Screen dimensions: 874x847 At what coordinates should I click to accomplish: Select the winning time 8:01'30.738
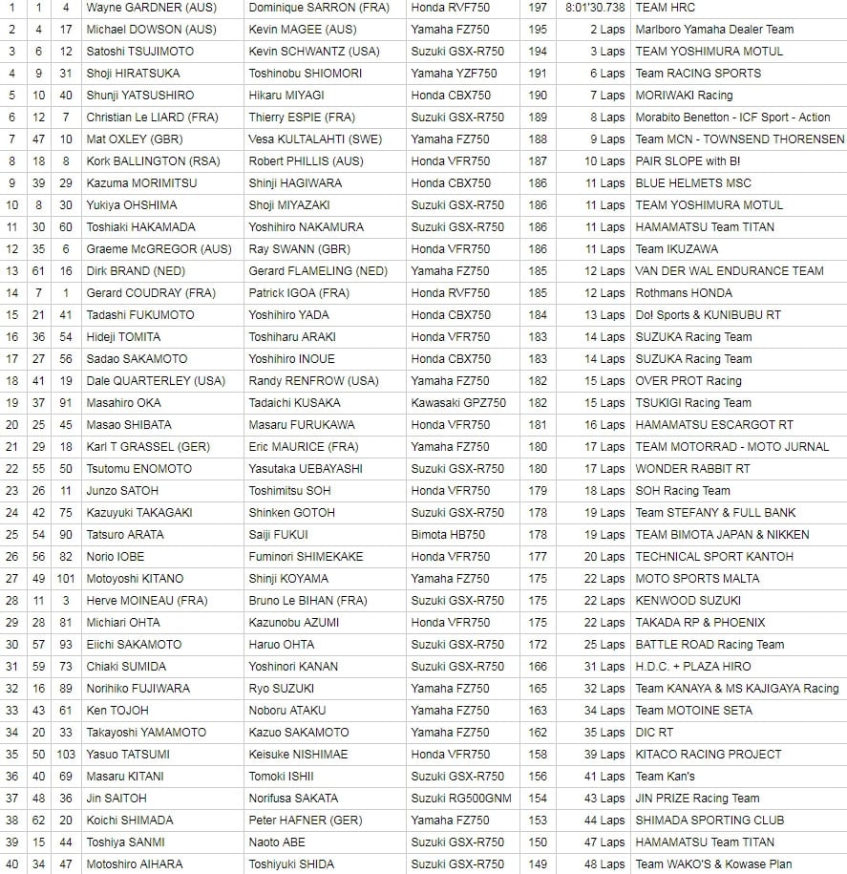click(x=595, y=8)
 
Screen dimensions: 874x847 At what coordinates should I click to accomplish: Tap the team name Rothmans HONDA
click(x=684, y=293)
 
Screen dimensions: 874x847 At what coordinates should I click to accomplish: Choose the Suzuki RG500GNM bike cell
click(x=461, y=799)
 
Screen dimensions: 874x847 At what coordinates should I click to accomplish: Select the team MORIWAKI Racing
click(x=684, y=96)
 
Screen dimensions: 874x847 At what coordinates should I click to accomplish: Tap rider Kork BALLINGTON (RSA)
click(x=149, y=161)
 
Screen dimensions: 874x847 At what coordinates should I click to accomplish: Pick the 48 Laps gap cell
click(x=604, y=864)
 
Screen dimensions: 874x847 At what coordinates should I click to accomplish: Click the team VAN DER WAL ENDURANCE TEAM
click(x=729, y=271)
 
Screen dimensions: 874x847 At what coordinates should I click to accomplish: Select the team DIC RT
click(x=654, y=733)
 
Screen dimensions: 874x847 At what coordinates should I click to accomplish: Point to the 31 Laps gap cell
click(x=604, y=667)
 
